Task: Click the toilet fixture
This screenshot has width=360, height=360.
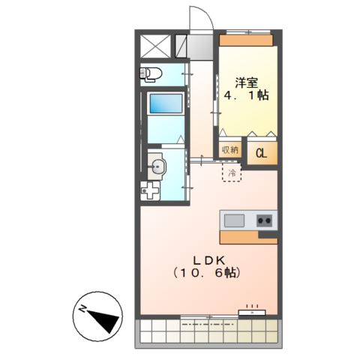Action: tap(151, 73)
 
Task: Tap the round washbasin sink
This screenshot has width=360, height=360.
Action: tap(157, 166)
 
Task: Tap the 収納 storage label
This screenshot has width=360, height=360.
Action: tap(229, 149)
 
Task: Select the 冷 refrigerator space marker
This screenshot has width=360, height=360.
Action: tap(231, 173)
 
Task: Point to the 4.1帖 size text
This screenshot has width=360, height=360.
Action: tap(247, 95)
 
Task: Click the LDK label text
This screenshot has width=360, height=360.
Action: tap(205, 260)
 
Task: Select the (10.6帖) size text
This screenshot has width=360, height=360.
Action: tap(205, 274)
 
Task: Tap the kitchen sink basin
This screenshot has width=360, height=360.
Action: tap(234, 220)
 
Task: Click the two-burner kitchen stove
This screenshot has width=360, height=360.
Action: tap(263, 220)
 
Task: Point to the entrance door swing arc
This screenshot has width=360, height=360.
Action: tap(196, 16)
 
